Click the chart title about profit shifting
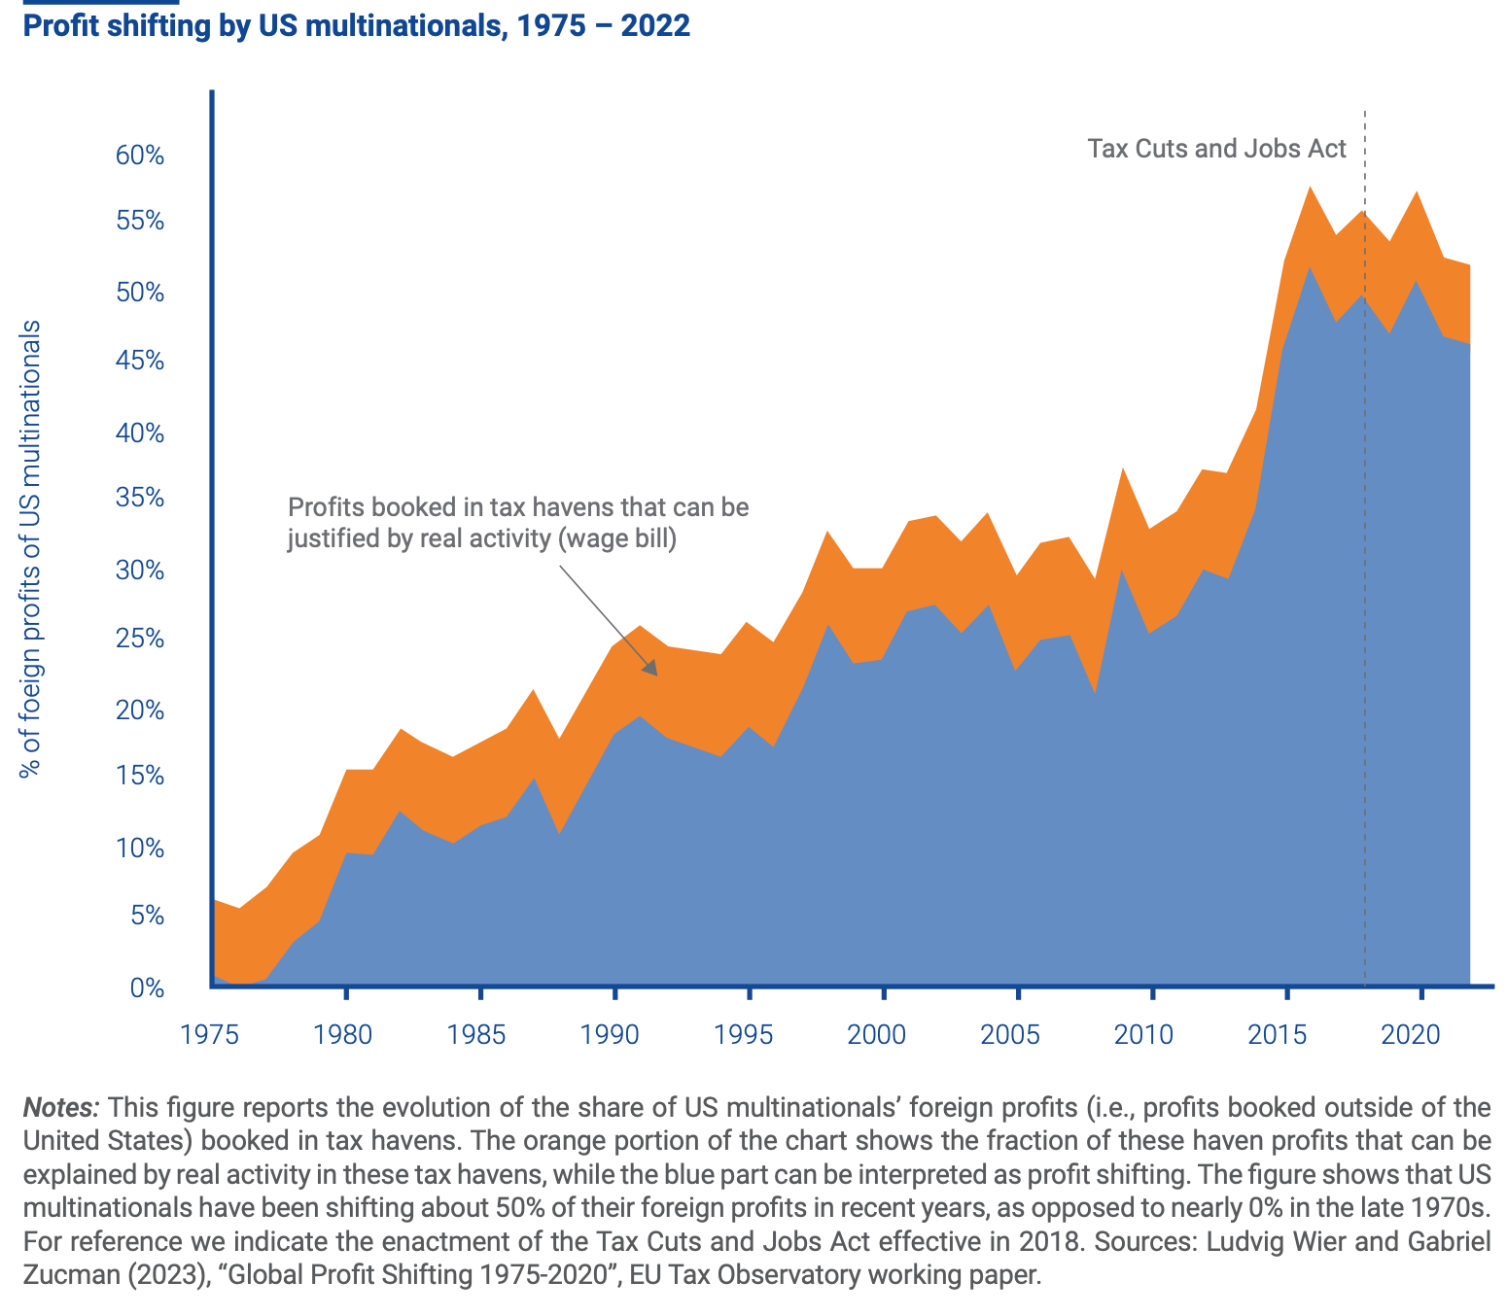tap(356, 26)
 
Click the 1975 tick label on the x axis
tap(211, 1033)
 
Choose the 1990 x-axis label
tap(613, 1033)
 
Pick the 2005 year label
tap(1017, 1033)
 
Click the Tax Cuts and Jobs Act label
tap(1216, 149)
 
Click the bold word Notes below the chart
tap(60, 1108)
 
